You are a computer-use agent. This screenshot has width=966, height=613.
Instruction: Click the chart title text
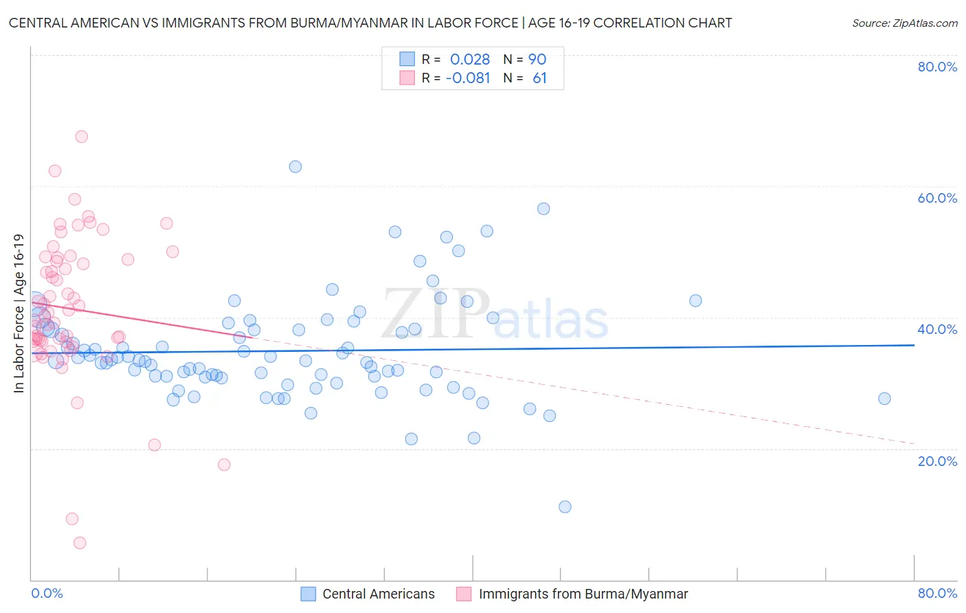370,23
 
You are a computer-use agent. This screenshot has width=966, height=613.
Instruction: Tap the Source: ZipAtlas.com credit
904,23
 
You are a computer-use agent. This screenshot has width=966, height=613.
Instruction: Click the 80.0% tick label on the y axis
937,67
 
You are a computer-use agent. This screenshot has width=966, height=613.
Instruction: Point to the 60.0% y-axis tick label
937,198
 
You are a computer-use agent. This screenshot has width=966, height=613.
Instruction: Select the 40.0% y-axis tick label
937,329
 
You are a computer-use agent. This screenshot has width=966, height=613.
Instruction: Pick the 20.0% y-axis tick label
937,460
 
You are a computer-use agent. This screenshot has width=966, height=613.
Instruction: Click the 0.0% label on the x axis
47,593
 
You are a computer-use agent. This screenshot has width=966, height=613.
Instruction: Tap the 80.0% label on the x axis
937,593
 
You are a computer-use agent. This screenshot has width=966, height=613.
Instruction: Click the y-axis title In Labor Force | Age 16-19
19,313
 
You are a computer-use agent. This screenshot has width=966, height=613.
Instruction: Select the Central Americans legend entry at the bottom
378,594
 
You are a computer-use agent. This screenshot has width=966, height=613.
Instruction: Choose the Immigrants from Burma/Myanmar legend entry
583,594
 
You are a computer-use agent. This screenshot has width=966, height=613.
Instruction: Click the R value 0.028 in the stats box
470,60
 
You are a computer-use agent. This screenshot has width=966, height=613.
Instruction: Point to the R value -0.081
468,78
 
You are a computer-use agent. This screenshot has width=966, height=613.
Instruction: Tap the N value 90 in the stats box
537,60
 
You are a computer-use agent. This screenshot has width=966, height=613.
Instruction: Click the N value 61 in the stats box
539,78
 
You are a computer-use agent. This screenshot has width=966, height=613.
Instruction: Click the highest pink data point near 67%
81,137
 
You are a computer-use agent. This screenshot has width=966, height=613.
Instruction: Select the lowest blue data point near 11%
565,507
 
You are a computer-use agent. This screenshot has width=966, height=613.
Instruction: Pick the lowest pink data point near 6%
80,543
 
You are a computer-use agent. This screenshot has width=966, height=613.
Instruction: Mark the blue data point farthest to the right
884,399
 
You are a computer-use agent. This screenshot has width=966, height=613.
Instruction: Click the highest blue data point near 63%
295,166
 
